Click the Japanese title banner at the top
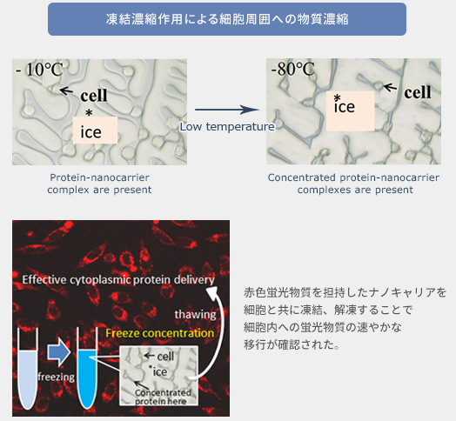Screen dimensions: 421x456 point(226,19)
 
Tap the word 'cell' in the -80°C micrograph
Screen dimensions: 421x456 point(418,91)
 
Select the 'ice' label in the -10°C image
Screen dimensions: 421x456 point(91,131)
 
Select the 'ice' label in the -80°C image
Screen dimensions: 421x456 point(345,107)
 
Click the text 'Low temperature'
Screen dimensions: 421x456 point(227,127)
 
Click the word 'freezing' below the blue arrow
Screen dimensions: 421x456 point(55,377)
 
